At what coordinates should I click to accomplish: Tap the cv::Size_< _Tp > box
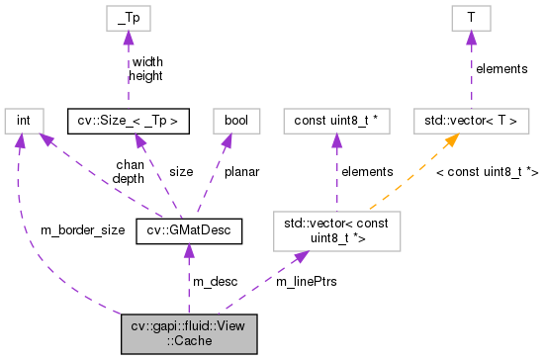[x=128, y=121]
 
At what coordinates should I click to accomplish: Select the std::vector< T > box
[x=470, y=121]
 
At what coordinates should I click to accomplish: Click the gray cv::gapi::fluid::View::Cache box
[x=188, y=335]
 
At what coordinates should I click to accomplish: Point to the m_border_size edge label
[x=82, y=230]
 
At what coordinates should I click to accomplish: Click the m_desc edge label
[x=215, y=282]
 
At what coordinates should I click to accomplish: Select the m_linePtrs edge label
[x=306, y=282]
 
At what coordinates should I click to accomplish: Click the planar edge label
[x=240, y=171]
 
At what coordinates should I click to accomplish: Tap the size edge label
[x=181, y=171]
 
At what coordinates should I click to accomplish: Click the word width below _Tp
[x=146, y=61]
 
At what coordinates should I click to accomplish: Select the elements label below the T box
[x=501, y=68]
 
